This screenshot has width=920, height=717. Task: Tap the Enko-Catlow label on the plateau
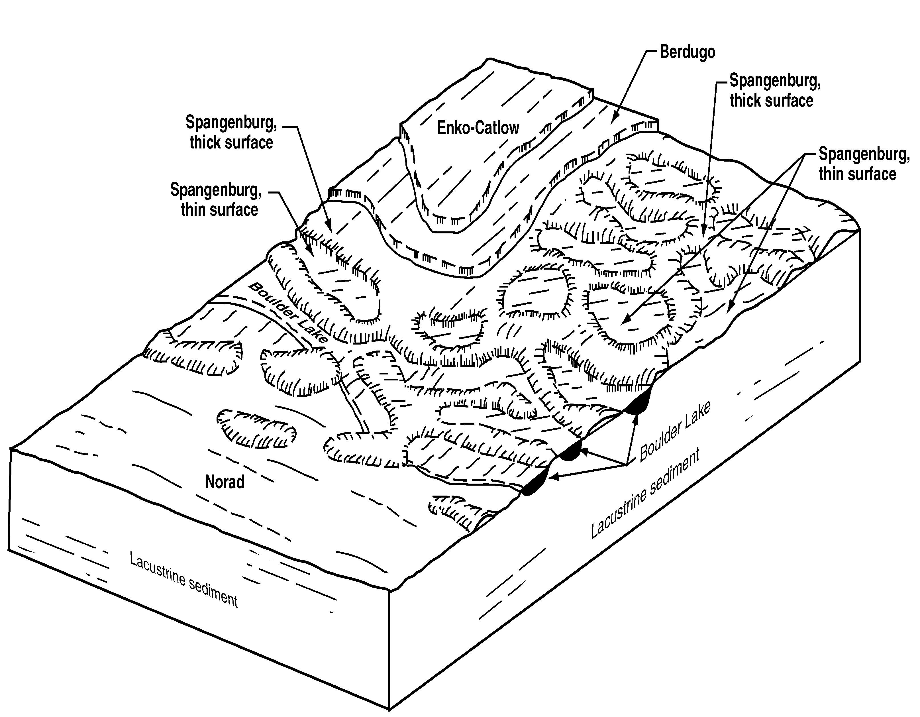tap(478, 128)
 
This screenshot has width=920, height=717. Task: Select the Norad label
tap(225, 482)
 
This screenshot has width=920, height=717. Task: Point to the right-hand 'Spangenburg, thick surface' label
tap(775, 91)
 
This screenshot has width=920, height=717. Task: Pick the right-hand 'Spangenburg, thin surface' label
tap(864, 164)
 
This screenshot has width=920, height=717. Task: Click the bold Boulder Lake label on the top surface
tap(289, 313)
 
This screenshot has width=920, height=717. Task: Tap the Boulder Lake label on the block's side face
tap(674, 431)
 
